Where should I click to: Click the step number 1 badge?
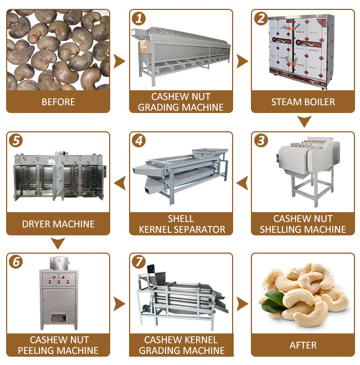pyautogui.click(x=138, y=19)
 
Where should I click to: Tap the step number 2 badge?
pyautogui.click(x=261, y=19)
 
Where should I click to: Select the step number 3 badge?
pyautogui.click(x=261, y=141)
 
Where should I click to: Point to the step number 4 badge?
pyautogui.click(x=138, y=141)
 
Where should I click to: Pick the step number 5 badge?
pyautogui.click(x=16, y=141)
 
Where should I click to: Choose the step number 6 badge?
pyautogui.click(x=16, y=262)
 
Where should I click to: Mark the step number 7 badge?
pyautogui.click(x=138, y=262)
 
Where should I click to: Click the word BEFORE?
pyautogui.click(x=58, y=102)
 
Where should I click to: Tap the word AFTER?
pyautogui.click(x=303, y=345)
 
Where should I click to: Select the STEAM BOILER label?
pyautogui.click(x=303, y=102)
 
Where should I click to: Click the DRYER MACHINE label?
pyautogui.click(x=58, y=224)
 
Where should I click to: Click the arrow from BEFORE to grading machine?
pyautogui.click(x=119, y=61)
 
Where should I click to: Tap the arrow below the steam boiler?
pyautogui.click(x=304, y=121)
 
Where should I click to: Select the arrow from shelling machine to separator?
pyautogui.click(x=242, y=183)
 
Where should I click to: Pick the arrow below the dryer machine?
pyautogui.click(x=58, y=243)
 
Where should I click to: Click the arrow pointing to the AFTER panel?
pyautogui.click(x=242, y=304)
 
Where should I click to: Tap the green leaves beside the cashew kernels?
pyautogui.click(x=274, y=302)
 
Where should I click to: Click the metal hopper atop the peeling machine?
pyautogui.click(x=59, y=263)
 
